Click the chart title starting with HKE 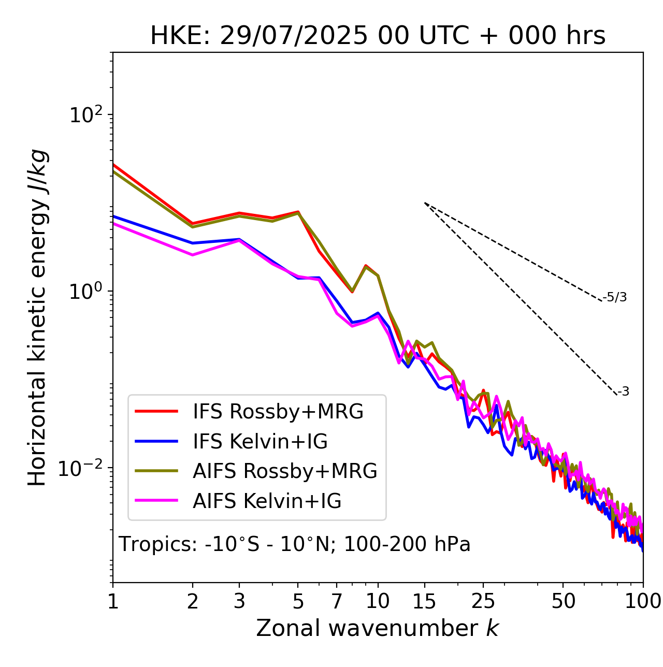pos(378,36)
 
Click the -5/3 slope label pos(615,297)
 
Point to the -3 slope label pos(623,392)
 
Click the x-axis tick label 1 pos(113,601)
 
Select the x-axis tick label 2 pos(193,601)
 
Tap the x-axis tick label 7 pos(337,601)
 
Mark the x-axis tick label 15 pos(424,601)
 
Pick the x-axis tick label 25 pos(483,601)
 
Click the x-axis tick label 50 pos(563,601)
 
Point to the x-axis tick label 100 pos(642,601)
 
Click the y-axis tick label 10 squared pos(85,114)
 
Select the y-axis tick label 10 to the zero pos(85,291)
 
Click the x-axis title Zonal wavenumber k pos(377,628)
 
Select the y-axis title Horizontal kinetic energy pos(37,317)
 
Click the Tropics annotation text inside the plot pos(294,544)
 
